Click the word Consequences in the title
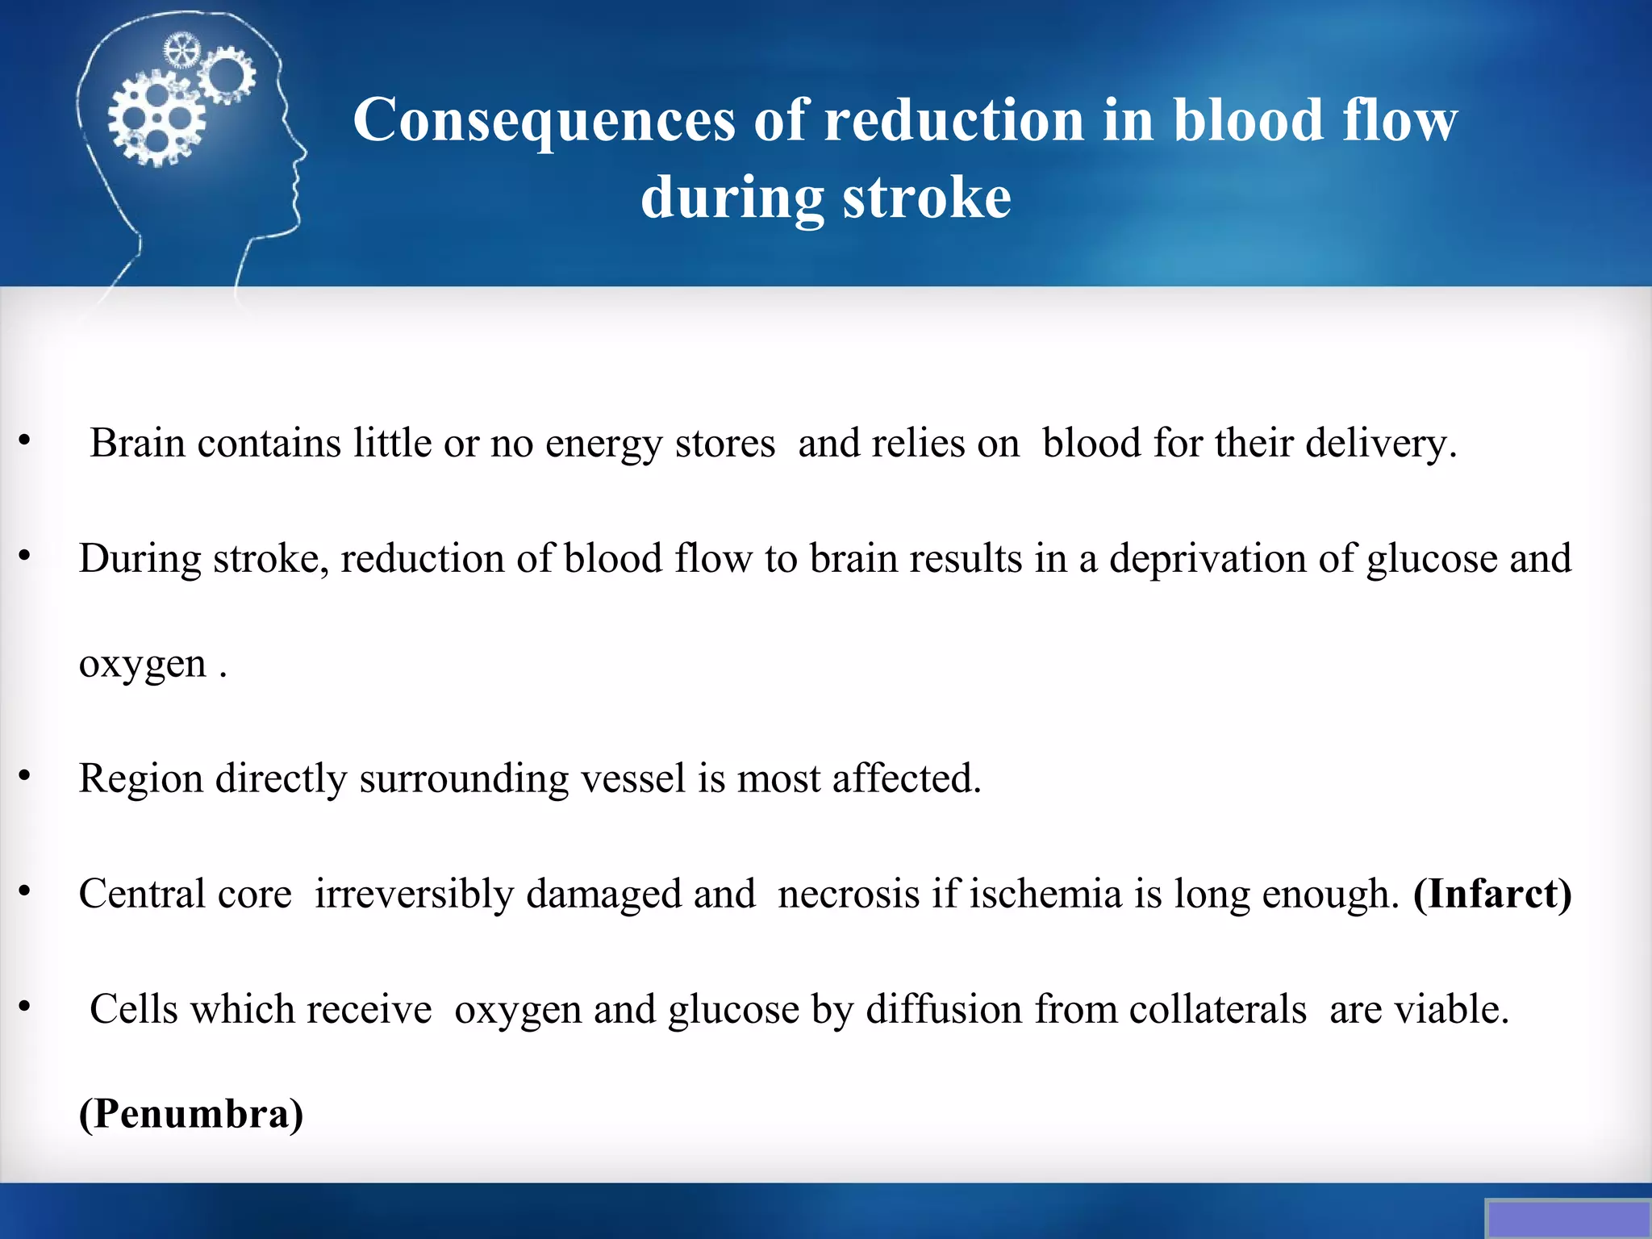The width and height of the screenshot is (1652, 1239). click(544, 121)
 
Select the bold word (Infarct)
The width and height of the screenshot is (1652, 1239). click(1492, 894)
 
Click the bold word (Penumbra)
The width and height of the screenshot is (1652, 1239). click(191, 1114)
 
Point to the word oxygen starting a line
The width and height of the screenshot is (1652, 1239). click(143, 665)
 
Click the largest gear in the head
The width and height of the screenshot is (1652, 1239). click(156, 119)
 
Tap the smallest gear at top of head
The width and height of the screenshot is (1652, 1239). click(181, 51)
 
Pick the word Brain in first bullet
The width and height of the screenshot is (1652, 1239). click(137, 443)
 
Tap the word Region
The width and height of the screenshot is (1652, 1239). click(140, 779)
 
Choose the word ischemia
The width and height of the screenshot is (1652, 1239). click(1045, 894)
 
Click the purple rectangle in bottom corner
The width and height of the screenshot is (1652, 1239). click(1568, 1219)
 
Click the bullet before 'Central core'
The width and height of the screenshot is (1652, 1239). click(25, 891)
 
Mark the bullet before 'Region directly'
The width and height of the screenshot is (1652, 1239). click(25, 775)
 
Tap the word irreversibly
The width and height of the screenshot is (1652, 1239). click(414, 894)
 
